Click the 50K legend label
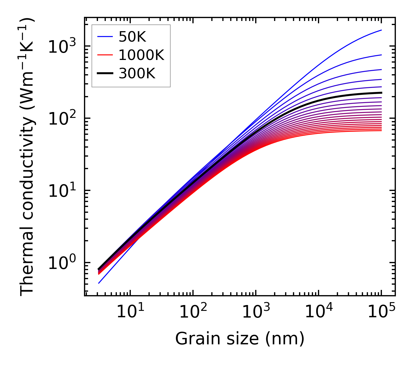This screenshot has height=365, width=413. (x=132, y=37)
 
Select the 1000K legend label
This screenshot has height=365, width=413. (x=142, y=55)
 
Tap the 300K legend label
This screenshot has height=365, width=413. (x=137, y=74)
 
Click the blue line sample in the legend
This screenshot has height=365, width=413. (x=105, y=37)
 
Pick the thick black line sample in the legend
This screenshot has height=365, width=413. (x=105, y=74)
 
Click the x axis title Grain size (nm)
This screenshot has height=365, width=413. (x=240, y=339)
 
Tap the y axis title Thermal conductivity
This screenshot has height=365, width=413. (x=28, y=157)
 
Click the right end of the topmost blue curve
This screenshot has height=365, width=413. (x=381, y=30)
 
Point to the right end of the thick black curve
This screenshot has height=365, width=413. (x=381, y=93)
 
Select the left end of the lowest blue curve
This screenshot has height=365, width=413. (x=99, y=283)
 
